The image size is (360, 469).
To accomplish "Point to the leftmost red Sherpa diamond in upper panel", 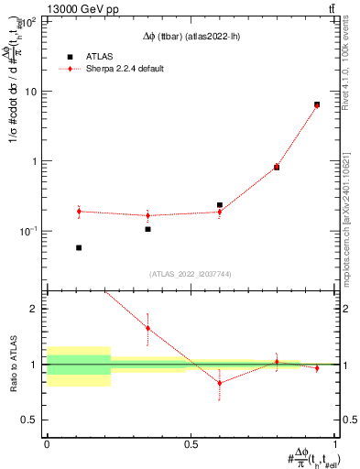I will [79, 212].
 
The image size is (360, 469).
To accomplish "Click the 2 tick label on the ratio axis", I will [35, 309].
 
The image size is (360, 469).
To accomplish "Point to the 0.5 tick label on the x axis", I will [191, 444].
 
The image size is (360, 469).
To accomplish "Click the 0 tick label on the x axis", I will [47, 444].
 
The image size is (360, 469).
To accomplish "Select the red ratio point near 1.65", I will [147, 328].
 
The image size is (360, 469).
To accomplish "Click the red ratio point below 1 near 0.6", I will [220, 383].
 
